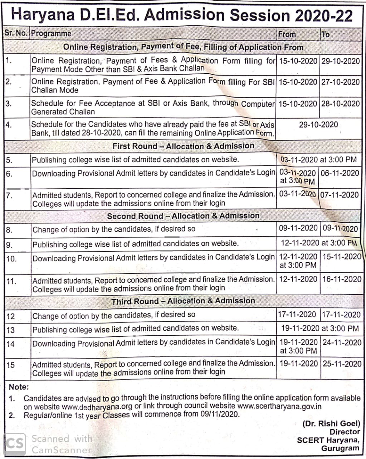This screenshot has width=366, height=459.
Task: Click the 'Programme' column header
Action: click(51, 34)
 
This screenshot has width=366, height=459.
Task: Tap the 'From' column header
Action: click(287, 34)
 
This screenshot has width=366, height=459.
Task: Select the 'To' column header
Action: click(325, 35)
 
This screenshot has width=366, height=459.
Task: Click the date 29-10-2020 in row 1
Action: click(340, 61)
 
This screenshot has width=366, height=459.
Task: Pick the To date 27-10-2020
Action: click(340, 82)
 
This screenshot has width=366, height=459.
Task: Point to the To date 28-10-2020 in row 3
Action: click(340, 104)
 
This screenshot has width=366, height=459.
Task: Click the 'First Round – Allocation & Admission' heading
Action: click(183, 146)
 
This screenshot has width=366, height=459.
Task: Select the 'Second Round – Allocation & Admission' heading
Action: click(183, 216)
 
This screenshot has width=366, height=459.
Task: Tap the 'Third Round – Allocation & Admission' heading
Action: click(183, 301)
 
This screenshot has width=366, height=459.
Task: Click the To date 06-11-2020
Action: click(340, 173)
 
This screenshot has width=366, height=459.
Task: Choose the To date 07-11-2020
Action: click(340, 195)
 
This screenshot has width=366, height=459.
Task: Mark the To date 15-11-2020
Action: click(342, 257)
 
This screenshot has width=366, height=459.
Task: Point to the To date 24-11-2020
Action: click(342, 342)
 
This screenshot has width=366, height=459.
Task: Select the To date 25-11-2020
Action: click(342, 364)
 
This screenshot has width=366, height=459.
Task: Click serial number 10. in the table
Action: click(11, 259)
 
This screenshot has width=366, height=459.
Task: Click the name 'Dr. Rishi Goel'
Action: click(331, 423)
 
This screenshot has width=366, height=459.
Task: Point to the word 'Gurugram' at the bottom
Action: click(340, 448)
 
